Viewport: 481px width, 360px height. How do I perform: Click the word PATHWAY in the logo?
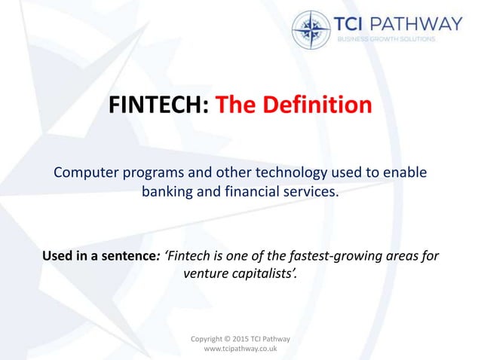[420, 23]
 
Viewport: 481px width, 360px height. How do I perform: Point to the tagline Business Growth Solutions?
[386, 39]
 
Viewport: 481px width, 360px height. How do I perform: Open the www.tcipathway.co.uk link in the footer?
[240, 350]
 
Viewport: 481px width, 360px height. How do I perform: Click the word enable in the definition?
[407, 172]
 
